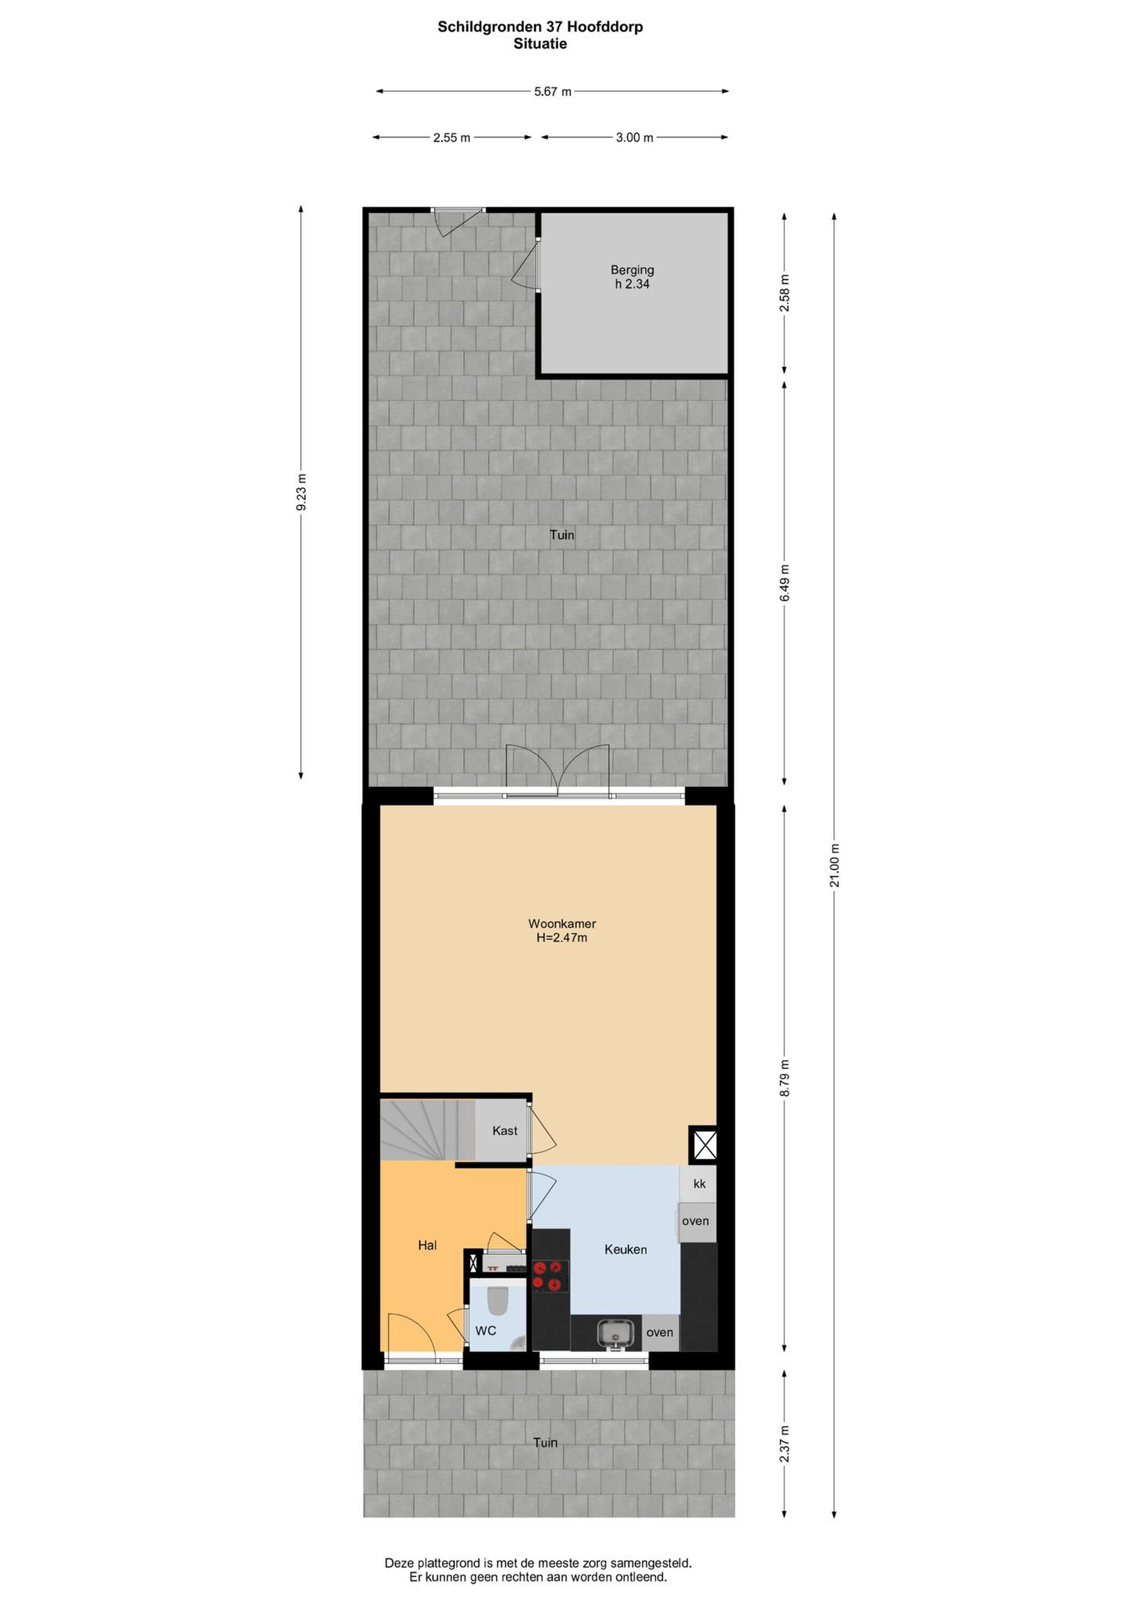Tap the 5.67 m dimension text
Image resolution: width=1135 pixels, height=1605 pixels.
pyautogui.click(x=552, y=92)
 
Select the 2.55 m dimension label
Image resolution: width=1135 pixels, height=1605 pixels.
pyautogui.click(x=452, y=138)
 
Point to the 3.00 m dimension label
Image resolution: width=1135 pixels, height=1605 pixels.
pyautogui.click(x=634, y=138)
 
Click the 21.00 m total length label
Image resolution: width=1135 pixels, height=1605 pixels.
pyautogui.click(x=834, y=865)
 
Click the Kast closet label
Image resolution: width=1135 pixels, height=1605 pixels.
pyautogui.click(x=505, y=1130)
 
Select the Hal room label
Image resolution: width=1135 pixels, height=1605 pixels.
pyautogui.click(x=427, y=1245)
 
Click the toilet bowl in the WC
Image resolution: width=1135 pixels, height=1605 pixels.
pyautogui.click(x=497, y=1299)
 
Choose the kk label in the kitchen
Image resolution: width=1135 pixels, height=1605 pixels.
pyautogui.click(x=699, y=1184)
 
